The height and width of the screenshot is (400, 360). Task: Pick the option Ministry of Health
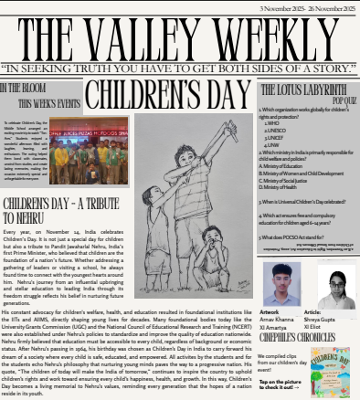pos(289,187)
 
